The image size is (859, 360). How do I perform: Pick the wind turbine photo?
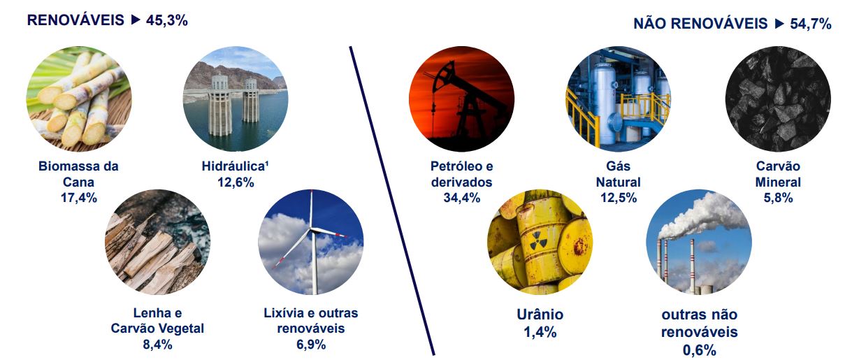pyautogui.click(x=310, y=242)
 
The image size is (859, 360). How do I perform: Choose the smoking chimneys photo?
pyautogui.click(x=699, y=242)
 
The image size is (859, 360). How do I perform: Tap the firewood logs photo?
pyautogui.click(x=157, y=242)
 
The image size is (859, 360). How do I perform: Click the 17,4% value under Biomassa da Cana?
pyautogui.click(x=78, y=198)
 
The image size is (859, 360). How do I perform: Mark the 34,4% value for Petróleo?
pyautogui.click(x=461, y=198)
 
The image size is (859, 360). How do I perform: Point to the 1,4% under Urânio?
pyautogui.click(x=540, y=332)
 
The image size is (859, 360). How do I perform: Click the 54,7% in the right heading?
pyautogui.click(x=811, y=24)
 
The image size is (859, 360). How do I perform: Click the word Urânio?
pyautogui.click(x=540, y=315)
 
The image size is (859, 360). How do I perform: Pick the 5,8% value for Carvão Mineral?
pyautogui.click(x=778, y=198)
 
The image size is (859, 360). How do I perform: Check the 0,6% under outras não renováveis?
pyautogui.click(x=699, y=350)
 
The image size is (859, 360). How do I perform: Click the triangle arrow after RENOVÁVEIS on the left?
pyautogui.click(x=136, y=20)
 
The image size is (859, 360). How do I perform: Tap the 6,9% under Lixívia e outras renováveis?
pyautogui.click(x=310, y=345)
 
